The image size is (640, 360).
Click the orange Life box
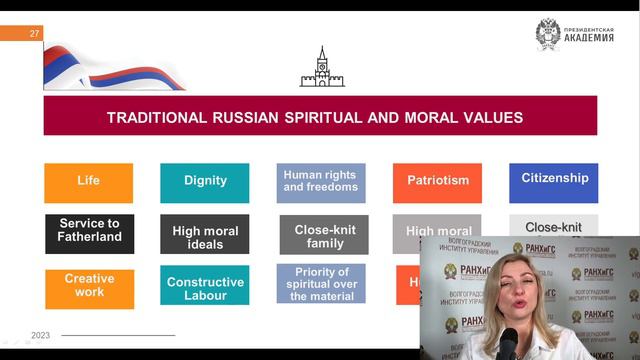(x=88, y=182)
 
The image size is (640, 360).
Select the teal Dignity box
(x=205, y=182)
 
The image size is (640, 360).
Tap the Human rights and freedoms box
(x=321, y=182)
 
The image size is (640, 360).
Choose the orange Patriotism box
(x=437, y=182)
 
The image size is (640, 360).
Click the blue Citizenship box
(x=554, y=180)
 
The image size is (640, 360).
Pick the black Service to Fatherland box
(x=89, y=232)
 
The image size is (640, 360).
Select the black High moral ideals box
(x=205, y=236)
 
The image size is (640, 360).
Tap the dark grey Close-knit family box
(x=323, y=236)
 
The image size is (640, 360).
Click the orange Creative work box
(x=89, y=286)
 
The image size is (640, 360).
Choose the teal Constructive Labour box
(x=205, y=287)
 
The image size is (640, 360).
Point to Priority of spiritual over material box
(x=321, y=284)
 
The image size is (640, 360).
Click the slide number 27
(x=35, y=34)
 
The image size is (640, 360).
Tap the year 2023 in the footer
(x=41, y=335)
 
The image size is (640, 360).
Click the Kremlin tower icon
(x=321, y=67)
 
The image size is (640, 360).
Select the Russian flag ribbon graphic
(x=100, y=68)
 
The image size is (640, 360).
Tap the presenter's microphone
(x=507, y=344)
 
